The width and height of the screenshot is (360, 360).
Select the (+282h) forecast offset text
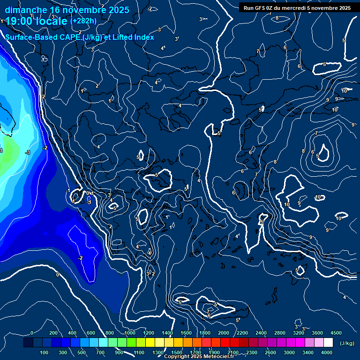[83, 21]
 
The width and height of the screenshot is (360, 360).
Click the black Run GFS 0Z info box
[297, 8]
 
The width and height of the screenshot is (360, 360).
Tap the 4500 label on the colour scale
[336, 333]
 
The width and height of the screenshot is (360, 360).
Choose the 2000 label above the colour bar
[224, 333]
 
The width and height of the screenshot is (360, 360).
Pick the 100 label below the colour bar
[44, 352]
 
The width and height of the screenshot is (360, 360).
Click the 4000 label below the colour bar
[327, 352]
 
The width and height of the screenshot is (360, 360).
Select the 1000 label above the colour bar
[130, 333]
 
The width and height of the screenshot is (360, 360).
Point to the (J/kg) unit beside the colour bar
[346, 344]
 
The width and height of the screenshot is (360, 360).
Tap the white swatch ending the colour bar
[328, 343]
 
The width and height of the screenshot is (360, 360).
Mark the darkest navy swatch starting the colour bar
[28, 343]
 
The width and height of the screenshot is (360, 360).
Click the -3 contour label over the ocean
[28, 152]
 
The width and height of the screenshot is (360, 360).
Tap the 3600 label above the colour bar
[317, 333]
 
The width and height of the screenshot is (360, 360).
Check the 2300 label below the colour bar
[252, 352]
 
